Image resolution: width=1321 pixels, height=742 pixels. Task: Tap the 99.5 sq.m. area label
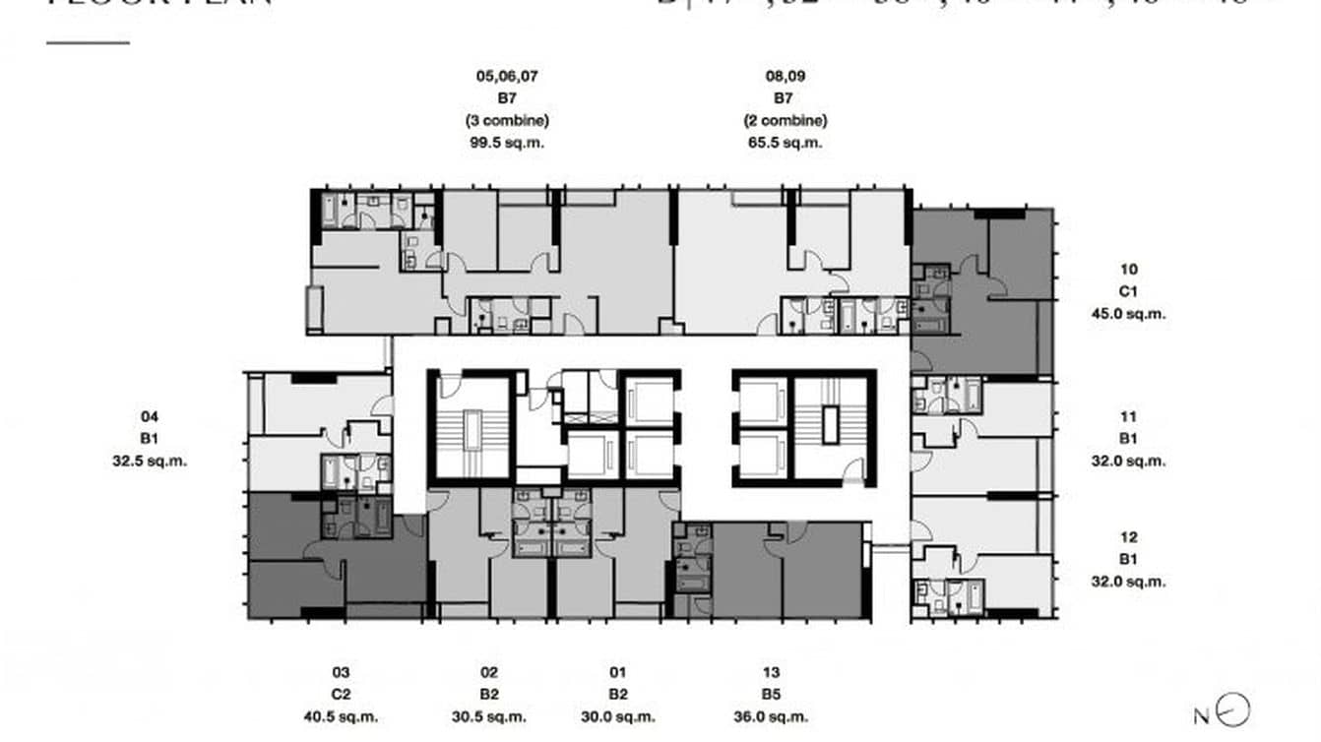[508, 143]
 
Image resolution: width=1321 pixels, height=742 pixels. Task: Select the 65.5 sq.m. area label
[785, 143]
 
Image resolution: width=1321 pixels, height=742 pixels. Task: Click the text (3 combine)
[507, 120]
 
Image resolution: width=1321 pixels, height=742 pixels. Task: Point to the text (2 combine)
[785, 120]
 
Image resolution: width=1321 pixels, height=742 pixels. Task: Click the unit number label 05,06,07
[507, 75]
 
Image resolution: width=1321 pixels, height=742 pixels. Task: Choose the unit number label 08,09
[785, 75]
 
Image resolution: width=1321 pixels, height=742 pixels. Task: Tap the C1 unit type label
[1129, 291]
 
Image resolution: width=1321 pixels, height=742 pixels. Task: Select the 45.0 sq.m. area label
[1129, 314]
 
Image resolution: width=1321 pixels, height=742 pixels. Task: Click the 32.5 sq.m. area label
[150, 460]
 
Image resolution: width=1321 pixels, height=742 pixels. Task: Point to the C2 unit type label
[341, 695]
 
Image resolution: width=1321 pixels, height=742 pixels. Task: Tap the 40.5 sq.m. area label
[341, 717]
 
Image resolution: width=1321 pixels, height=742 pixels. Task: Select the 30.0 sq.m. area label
[618, 717]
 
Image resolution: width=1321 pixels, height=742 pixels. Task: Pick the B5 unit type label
[772, 695]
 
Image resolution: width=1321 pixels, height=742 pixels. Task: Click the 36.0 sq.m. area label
[772, 717]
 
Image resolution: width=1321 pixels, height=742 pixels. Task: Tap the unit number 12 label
[1129, 537]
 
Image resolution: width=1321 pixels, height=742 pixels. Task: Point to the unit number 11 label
[1129, 416]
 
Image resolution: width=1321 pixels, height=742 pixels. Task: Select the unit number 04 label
[150, 416]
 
